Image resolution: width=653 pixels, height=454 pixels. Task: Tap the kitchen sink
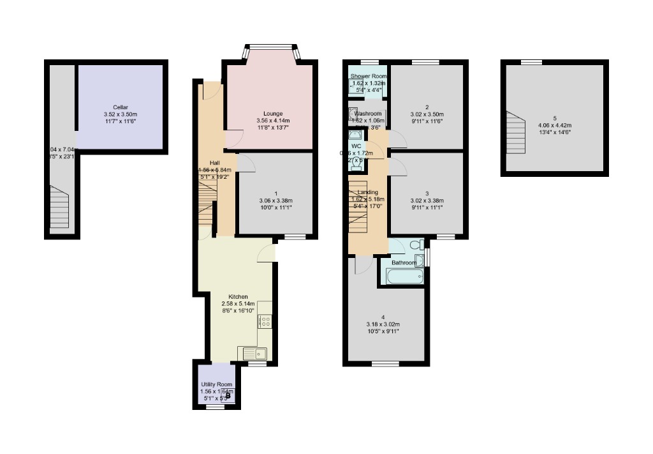tap(255, 352)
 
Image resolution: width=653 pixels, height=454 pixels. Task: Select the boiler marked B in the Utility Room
tap(227, 396)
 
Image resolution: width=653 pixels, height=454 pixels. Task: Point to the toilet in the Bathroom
tap(416, 245)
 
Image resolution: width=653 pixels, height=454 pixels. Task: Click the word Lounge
tap(272, 114)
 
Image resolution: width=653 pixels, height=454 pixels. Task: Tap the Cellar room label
tap(121, 107)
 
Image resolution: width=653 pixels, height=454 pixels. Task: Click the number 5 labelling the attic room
tap(554, 118)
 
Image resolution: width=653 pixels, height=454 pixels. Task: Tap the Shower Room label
tap(368, 77)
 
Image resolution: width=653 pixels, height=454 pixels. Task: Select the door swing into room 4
tap(361, 264)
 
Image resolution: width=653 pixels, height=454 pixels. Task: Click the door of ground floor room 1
tap(247, 162)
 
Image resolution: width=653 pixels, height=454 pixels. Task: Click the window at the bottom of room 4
tap(385, 364)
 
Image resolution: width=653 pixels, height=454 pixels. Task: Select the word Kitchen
tap(238, 297)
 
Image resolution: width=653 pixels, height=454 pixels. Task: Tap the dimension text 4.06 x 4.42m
tap(554, 125)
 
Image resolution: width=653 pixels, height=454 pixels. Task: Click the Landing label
tap(368, 192)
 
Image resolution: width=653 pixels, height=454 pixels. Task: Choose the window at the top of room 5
tap(531, 62)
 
